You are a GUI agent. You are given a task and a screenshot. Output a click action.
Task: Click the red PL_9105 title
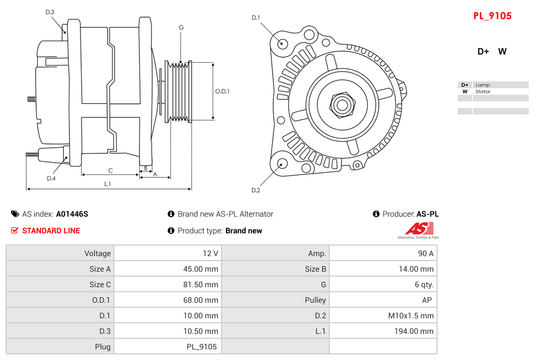492,16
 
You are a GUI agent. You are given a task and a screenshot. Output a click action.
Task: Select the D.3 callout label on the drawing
50,12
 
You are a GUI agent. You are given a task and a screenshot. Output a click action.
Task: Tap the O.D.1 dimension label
222,91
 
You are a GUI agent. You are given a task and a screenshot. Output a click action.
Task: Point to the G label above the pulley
181,27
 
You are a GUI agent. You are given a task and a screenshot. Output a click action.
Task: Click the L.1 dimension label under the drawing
108,183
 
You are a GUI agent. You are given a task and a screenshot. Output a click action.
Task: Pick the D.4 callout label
51,178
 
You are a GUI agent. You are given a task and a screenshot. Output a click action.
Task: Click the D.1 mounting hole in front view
283,43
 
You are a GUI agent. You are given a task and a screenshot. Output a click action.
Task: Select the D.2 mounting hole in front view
282,163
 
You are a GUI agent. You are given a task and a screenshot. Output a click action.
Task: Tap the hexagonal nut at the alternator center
342,104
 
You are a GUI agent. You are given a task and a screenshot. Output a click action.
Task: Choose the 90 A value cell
425,253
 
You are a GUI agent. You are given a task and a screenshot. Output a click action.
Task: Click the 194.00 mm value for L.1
411,331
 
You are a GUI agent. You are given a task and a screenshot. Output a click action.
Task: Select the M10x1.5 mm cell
410,316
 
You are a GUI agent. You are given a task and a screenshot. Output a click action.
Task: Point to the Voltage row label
97,253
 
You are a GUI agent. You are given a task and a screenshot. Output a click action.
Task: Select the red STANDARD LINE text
51,231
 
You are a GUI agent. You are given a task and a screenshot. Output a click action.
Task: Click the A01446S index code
72,214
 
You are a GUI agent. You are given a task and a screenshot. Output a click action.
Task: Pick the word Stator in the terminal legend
483,92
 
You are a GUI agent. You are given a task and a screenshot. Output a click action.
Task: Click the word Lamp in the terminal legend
482,85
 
